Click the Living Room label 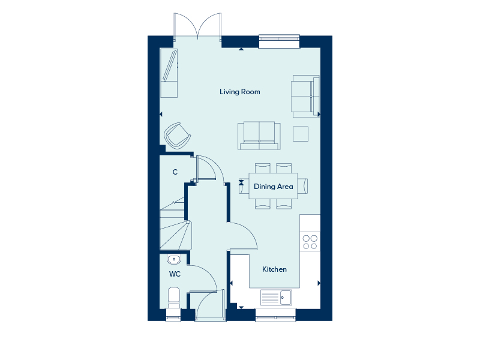click(x=239, y=92)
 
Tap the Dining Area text click(x=274, y=187)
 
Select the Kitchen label click(x=274, y=269)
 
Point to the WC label click(x=175, y=274)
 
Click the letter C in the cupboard click(x=175, y=172)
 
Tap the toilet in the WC click(x=174, y=298)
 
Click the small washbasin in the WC click(x=174, y=259)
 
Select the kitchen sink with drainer click(x=276, y=297)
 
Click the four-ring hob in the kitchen click(x=310, y=242)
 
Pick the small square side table click(x=301, y=134)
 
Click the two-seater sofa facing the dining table click(x=259, y=136)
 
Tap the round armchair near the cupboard click(x=177, y=136)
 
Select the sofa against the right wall click(x=306, y=97)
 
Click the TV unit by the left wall click(x=169, y=73)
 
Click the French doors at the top click(x=197, y=26)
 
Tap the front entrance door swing click(x=206, y=305)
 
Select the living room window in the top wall click(x=279, y=41)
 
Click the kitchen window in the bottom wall click(x=275, y=316)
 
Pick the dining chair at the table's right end click(x=303, y=186)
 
